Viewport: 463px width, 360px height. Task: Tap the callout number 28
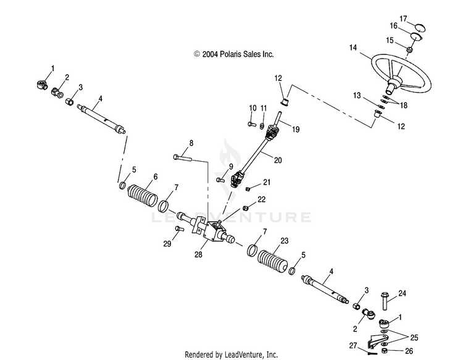(x=198, y=254)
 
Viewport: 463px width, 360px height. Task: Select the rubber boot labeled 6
(x=143, y=196)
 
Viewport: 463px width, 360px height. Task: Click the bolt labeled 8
(x=183, y=157)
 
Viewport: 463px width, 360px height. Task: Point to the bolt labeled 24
(x=385, y=301)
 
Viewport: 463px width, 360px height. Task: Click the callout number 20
(x=278, y=160)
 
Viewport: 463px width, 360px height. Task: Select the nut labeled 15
(x=409, y=49)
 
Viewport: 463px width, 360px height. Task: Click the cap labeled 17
(x=420, y=28)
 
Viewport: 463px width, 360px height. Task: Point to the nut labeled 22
(x=245, y=208)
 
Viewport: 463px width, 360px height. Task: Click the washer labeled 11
(x=262, y=127)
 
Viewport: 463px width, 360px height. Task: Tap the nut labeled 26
(x=385, y=351)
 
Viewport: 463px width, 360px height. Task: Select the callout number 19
(x=296, y=129)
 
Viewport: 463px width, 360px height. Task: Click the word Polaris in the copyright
(x=231, y=54)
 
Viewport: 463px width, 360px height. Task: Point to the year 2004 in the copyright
(x=210, y=54)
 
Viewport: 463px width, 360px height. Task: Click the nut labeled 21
(x=248, y=189)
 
